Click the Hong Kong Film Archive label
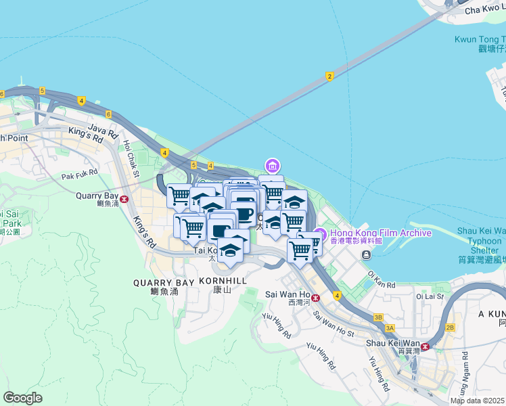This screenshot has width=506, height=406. pyautogui.click(x=380, y=233)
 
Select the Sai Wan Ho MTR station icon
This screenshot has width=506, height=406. pyautogui.click(x=316, y=296)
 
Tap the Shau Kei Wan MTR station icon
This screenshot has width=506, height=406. pyautogui.click(x=425, y=345)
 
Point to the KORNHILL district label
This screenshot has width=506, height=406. pyautogui.click(x=222, y=280)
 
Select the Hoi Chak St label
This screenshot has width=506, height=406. pyautogui.click(x=130, y=158)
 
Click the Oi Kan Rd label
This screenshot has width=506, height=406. pyautogui.click(x=382, y=279)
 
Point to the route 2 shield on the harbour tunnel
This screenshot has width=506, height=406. pyautogui.click(x=329, y=76)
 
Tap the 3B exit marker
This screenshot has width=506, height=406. pyautogui.click(x=378, y=317)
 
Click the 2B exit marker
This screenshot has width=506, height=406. pyautogui.click(x=451, y=328)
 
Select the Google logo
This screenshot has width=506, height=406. pyautogui.click(x=22, y=397)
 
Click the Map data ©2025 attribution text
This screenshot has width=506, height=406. pyautogui.click(x=478, y=401)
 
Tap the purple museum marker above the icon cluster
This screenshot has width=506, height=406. pyautogui.click(x=272, y=166)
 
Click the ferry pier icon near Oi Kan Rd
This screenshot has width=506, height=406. pyautogui.click(x=366, y=255)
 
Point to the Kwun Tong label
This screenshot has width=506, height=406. pyautogui.click(x=480, y=40)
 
